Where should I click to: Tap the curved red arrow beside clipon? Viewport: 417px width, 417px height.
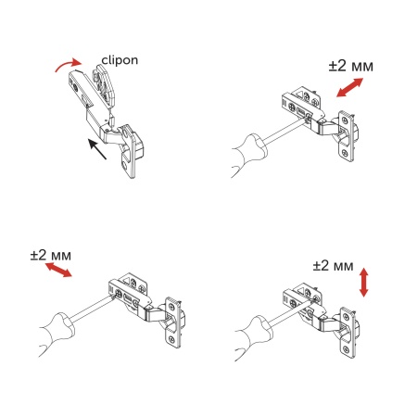67,63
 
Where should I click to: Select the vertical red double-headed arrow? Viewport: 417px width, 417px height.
364,282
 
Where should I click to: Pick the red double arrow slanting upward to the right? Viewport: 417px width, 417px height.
347,89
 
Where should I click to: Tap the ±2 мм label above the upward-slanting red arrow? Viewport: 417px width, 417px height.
351,67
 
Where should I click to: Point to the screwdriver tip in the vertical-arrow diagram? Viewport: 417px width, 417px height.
294,306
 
